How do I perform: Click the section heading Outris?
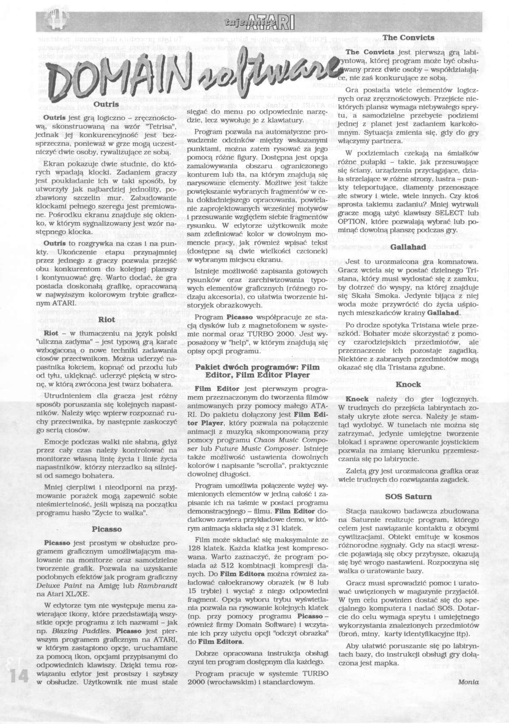coord(102,103)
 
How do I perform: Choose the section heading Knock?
coord(408,385)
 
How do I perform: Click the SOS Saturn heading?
coord(408,496)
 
